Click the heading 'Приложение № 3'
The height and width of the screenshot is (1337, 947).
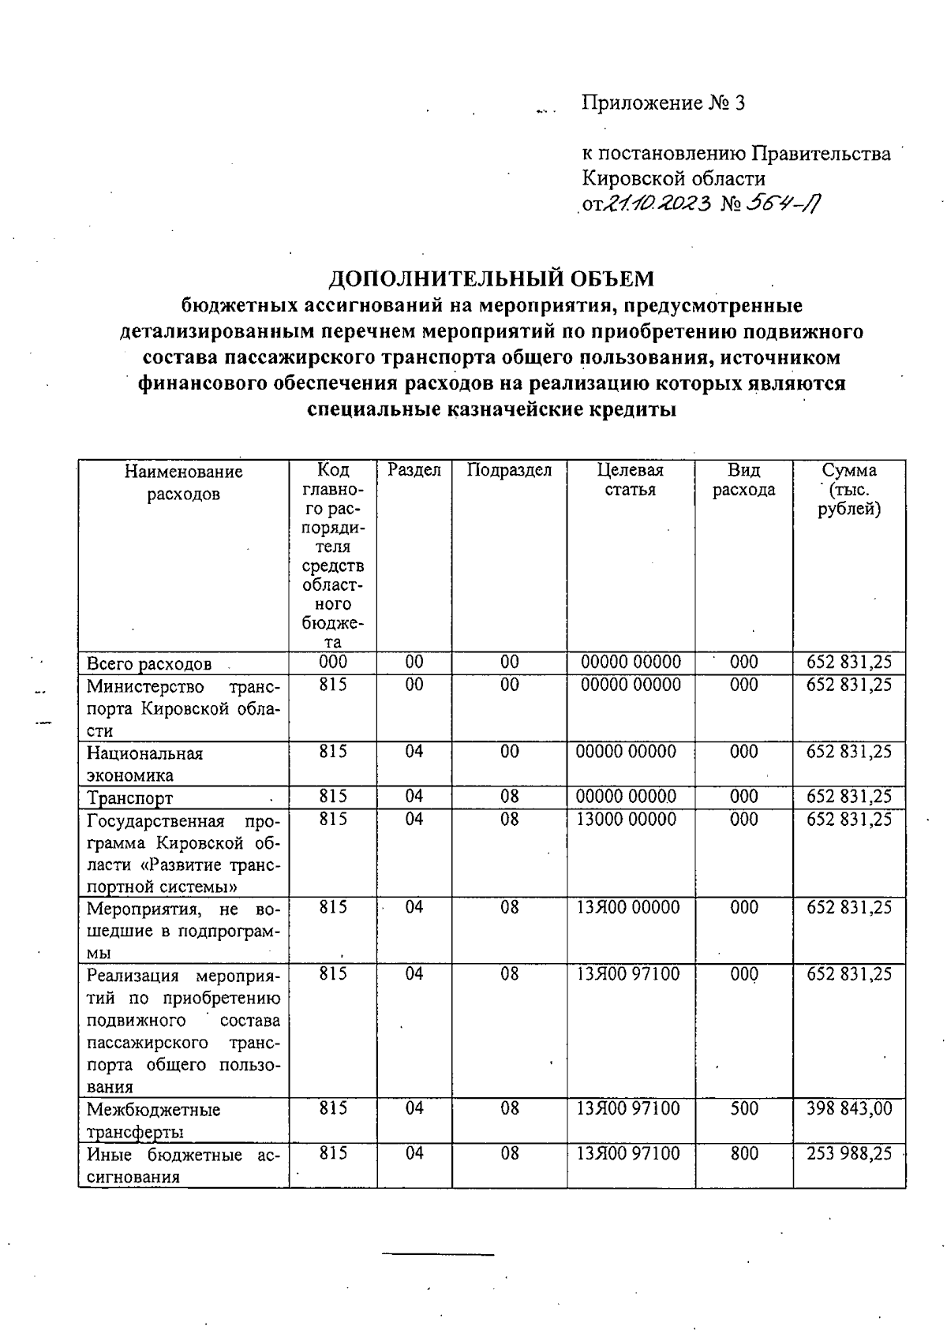pos(663,103)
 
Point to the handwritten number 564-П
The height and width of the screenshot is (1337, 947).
pos(785,204)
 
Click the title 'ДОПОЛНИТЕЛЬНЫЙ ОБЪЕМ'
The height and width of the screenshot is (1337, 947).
pos(491,278)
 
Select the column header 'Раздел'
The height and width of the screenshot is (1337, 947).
pos(414,470)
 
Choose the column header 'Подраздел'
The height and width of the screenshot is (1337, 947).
pos(509,470)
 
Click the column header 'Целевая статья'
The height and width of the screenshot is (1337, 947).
pos(630,480)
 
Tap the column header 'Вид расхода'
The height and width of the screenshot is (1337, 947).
pos(743,480)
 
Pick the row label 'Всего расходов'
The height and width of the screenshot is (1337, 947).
pos(149,663)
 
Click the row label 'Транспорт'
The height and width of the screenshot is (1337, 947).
pos(129,797)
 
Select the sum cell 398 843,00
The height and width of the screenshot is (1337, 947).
pos(849,1108)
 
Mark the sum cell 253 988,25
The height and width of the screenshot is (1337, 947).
pos(849,1153)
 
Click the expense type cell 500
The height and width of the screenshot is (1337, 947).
pos(743,1108)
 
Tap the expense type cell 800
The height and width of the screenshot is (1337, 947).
pos(743,1153)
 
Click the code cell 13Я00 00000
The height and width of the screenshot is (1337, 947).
pos(627,907)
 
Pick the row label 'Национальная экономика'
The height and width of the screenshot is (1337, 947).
pos(144,764)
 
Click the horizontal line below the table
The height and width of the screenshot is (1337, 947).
pos(438,1253)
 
